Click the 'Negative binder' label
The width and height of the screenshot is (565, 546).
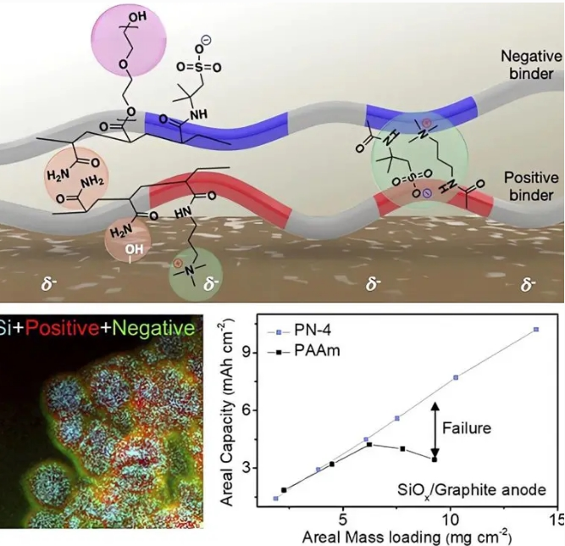(x=531, y=65)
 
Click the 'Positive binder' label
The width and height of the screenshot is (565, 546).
(x=531, y=187)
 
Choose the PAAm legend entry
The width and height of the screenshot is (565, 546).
(x=304, y=351)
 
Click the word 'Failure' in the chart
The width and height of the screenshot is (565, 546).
(x=466, y=428)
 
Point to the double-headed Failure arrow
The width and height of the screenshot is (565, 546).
(x=435, y=430)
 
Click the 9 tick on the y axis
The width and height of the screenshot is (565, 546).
(x=246, y=353)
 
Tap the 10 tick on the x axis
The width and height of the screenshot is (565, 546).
(x=450, y=520)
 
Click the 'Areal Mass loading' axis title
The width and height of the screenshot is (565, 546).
(x=407, y=537)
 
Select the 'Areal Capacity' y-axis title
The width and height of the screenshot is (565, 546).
(x=226, y=414)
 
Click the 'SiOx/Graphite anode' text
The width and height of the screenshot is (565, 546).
(x=471, y=491)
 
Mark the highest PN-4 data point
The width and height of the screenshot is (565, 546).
(x=536, y=329)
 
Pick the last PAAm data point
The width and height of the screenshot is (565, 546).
(x=435, y=460)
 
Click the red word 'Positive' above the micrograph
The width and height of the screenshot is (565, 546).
(x=62, y=328)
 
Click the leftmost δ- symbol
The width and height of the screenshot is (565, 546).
(x=49, y=284)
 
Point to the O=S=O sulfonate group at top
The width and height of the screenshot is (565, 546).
(x=198, y=67)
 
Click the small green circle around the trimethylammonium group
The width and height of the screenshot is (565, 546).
(x=196, y=275)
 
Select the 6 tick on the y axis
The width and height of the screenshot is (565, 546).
(x=246, y=410)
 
